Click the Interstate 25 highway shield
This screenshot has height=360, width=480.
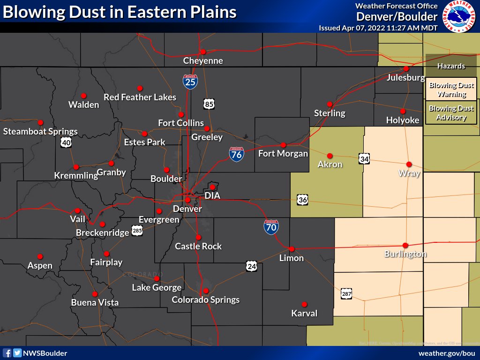pyautogui.click(x=190, y=82)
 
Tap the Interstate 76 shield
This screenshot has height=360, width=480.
pyautogui.click(x=236, y=154)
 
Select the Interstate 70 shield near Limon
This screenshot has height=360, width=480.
pyautogui.click(x=271, y=227)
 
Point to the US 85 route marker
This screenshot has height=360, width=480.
pyautogui.click(x=209, y=104)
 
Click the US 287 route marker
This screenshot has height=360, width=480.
pyautogui.click(x=346, y=294)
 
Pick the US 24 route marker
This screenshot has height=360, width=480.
pyautogui.click(x=252, y=266)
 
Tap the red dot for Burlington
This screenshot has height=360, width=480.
pyautogui.click(x=405, y=245)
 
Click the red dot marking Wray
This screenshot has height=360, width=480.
pyautogui.click(x=409, y=164)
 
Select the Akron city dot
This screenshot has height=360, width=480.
pyautogui.click(x=330, y=156)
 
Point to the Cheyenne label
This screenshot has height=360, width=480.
pyautogui.click(x=203, y=61)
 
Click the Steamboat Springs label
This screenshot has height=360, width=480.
pyautogui.click(x=40, y=132)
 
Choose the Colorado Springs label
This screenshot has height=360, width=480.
pyautogui.click(x=206, y=300)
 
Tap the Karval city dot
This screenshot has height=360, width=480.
pyautogui.click(x=304, y=304)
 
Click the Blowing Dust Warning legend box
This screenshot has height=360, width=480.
pyautogui.click(x=451, y=90)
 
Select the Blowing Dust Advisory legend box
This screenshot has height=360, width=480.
pyautogui.click(x=451, y=113)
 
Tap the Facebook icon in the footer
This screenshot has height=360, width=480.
pyautogui.click(x=7, y=353)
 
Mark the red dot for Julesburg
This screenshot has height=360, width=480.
pyautogui.click(x=406, y=68)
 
